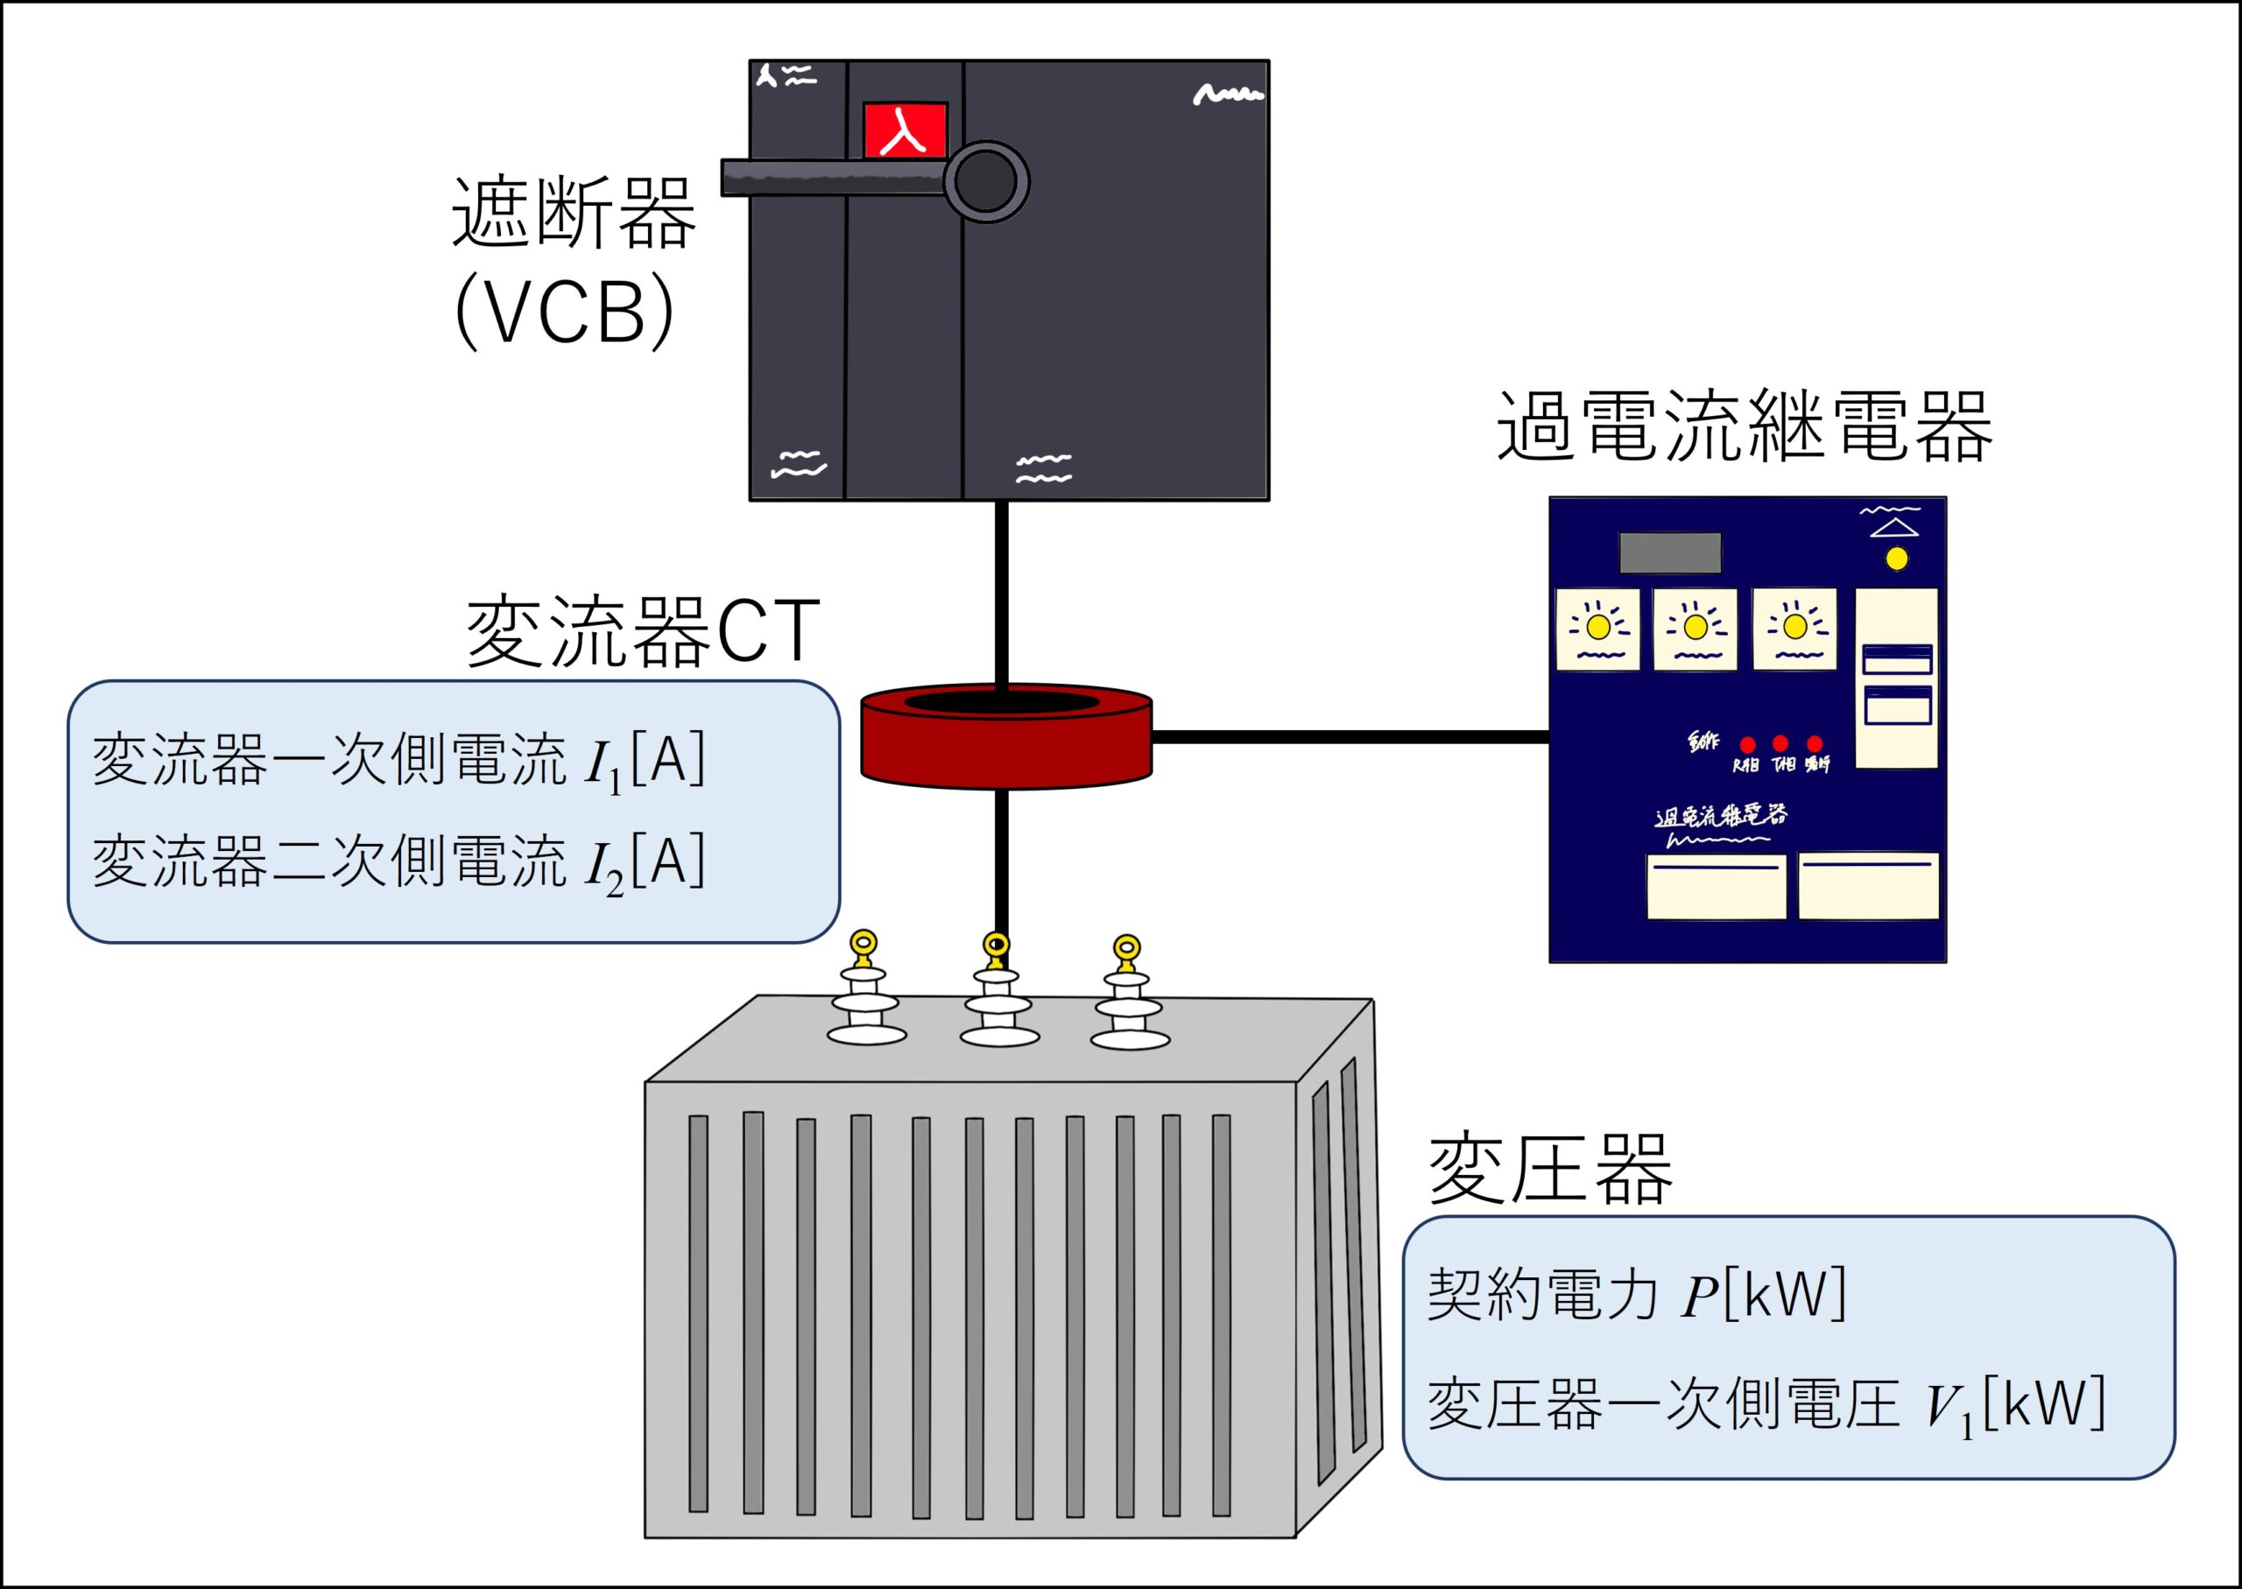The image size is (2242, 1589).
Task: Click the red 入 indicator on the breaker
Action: coord(904,130)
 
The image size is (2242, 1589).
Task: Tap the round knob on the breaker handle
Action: coord(985,182)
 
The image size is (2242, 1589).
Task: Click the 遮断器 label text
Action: coord(574,213)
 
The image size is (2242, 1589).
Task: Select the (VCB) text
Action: coord(566,313)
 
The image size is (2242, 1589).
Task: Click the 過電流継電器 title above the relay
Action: coord(1744,426)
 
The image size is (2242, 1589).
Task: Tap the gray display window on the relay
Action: coord(1669,552)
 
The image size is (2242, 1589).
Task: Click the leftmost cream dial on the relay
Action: coord(1597,629)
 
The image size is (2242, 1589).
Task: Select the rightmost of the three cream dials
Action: coord(1794,629)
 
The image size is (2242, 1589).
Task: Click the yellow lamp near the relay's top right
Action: coord(1897,559)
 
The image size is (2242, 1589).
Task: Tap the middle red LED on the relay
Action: coord(1780,743)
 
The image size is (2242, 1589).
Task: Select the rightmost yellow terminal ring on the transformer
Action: coord(1126,948)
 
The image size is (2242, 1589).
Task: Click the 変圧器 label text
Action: coord(1550,1170)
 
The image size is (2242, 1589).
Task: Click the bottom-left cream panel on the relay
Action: coord(1716,887)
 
